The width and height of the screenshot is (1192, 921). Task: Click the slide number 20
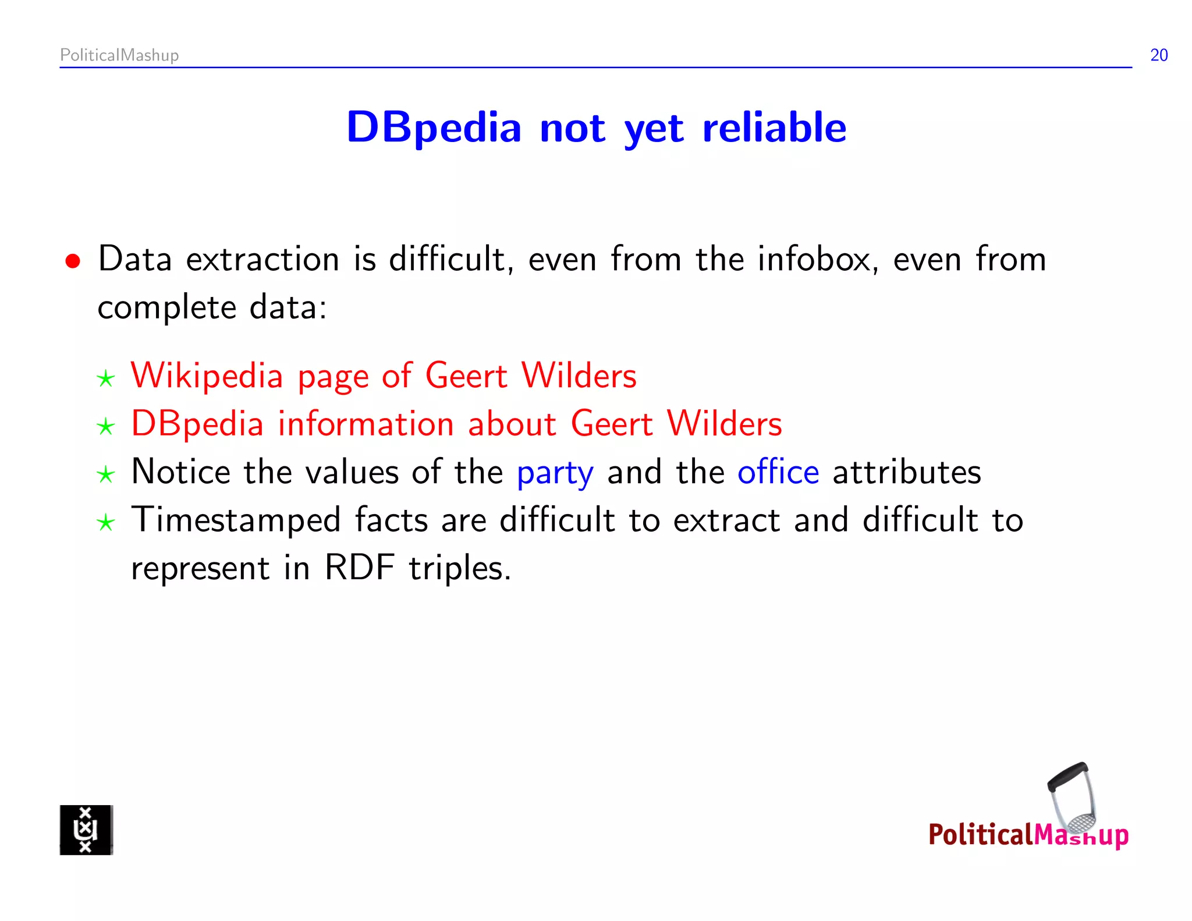[1158, 55]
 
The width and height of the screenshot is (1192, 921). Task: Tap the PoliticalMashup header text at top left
[119, 55]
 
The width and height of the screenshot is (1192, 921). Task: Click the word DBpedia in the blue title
[434, 127]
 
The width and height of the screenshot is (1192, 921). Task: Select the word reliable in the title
[774, 127]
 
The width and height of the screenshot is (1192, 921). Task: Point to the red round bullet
[73, 261]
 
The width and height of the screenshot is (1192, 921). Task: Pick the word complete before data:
[166, 307]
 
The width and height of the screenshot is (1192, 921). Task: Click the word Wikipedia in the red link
[207, 376]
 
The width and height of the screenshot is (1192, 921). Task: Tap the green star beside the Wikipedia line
[105, 379]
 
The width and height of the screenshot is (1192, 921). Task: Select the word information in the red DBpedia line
[366, 424]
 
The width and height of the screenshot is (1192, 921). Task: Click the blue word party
[555, 473]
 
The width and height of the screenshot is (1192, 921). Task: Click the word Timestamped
[236, 520]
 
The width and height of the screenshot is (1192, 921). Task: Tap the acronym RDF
[360, 568]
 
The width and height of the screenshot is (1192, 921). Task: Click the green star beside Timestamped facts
[105, 523]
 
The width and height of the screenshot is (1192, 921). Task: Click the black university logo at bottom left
[86, 830]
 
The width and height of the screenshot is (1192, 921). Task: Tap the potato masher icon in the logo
[1073, 798]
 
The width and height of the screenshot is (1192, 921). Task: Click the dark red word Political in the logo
[980, 835]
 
